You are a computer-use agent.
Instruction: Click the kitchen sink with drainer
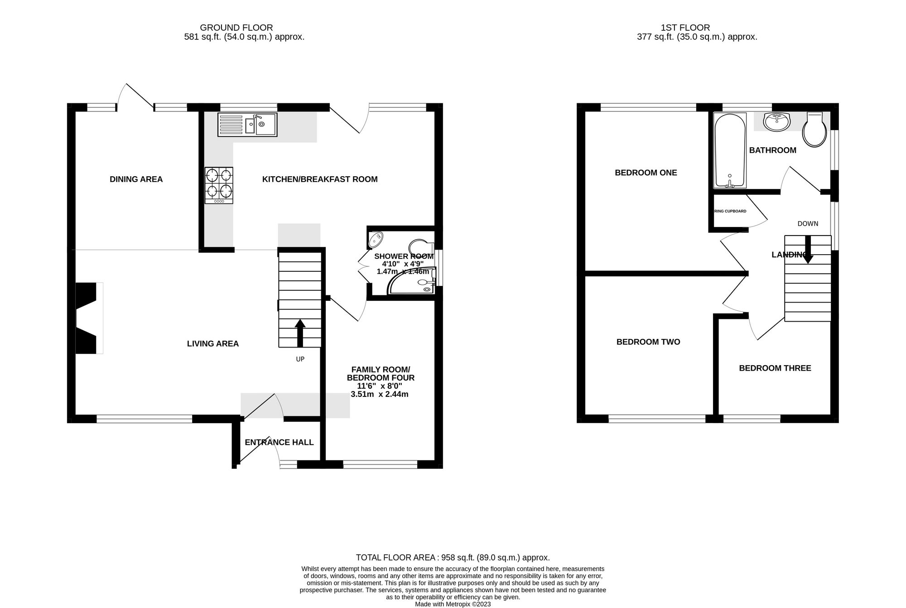point(247,125)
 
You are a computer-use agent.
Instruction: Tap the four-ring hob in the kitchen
point(219,185)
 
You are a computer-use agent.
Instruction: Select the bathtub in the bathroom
point(729,151)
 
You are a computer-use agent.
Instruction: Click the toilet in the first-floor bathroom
point(814,130)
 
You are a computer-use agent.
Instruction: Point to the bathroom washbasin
point(776,121)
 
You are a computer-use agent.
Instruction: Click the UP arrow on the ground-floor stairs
point(300,333)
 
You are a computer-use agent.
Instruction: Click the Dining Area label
point(136,179)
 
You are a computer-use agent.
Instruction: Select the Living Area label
point(212,344)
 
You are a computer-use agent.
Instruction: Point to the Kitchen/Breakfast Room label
point(320,179)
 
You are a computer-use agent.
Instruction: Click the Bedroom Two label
point(648,342)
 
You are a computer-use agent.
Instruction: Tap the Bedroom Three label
point(775,368)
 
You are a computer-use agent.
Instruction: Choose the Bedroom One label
point(646,173)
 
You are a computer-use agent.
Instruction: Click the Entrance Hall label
point(279,443)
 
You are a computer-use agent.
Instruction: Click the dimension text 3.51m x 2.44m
point(380,395)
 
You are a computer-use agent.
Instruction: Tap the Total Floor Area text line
point(453,558)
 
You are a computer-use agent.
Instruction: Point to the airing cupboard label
point(730,211)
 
